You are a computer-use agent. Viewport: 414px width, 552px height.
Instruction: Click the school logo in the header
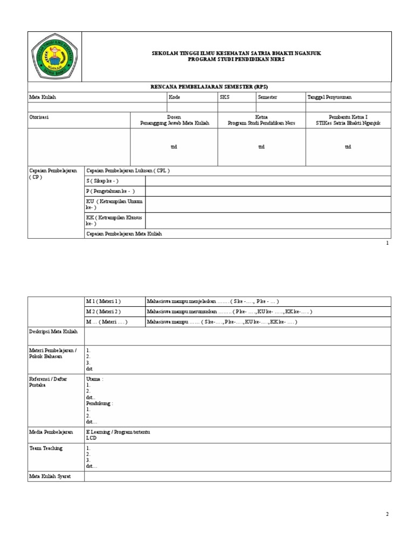(54, 57)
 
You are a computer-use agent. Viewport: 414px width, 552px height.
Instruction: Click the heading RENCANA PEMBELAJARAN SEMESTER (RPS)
(210, 87)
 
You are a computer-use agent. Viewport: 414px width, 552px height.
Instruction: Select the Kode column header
(174, 97)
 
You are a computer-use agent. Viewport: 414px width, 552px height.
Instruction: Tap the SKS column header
(224, 97)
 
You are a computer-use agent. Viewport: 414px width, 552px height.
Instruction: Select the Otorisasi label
(39, 116)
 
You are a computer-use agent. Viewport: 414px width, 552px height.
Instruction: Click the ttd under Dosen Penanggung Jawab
(174, 147)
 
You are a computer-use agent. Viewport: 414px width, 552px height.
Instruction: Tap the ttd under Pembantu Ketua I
(348, 147)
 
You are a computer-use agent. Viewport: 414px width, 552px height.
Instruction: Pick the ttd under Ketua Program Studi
(261, 147)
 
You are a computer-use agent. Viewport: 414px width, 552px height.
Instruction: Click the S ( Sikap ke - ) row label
(102, 181)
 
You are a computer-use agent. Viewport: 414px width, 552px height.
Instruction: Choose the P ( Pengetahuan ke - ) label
(111, 191)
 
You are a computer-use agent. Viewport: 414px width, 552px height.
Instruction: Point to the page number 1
(387, 243)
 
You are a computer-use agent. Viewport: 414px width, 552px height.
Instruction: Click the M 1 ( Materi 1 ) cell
(103, 301)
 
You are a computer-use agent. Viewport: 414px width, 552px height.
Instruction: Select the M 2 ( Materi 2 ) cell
(103, 312)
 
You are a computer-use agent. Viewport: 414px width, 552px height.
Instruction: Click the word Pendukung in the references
(99, 403)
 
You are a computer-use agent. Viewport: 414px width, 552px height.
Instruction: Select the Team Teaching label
(46, 448)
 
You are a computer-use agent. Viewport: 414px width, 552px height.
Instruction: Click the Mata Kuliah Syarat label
(50, 477)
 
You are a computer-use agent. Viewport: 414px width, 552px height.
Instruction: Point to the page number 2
(387, 514)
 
